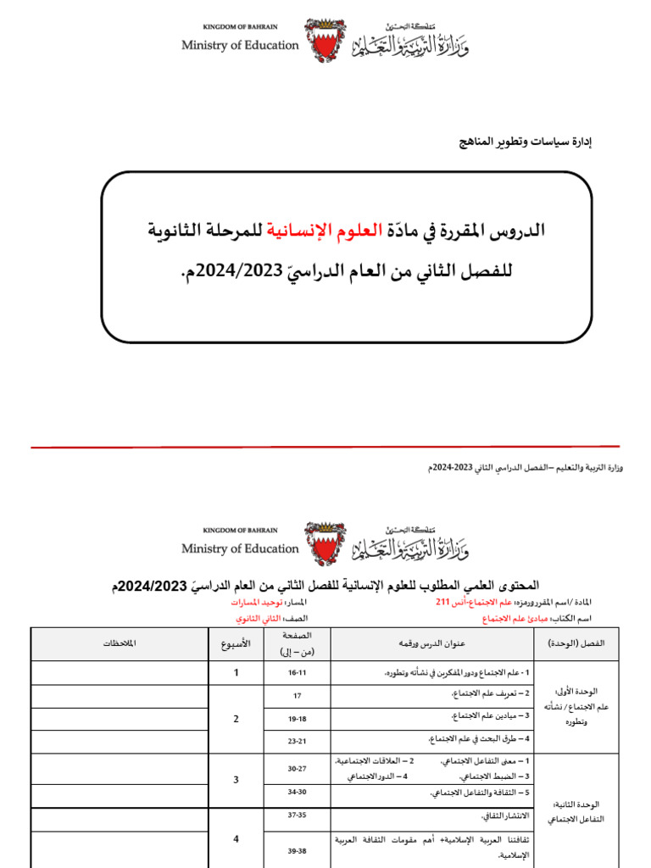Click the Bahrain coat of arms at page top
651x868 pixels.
325,41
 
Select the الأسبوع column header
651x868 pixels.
236,643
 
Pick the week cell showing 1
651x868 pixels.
236,672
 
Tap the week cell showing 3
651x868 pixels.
236,780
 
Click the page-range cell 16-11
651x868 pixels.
297,672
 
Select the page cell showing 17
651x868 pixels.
297,695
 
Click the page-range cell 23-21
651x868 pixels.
297,741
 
